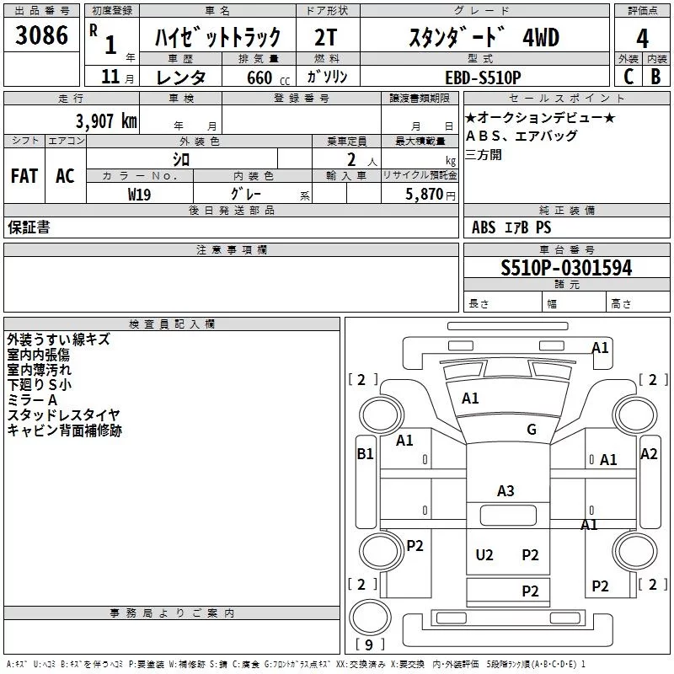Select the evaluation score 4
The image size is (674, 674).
[642, 38]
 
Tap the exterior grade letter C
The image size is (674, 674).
[629, 76]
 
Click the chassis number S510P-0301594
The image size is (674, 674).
[566, 268]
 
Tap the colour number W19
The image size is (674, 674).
[140, 193]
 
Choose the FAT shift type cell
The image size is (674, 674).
[24, 175]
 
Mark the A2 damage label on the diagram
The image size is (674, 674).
[649, 454]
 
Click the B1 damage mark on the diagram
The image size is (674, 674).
[365, 454]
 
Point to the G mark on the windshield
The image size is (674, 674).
[531, 430]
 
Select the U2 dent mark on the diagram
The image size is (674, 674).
[484, 554]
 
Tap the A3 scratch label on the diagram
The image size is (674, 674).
[505, 490]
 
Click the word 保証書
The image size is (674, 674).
[29, 227]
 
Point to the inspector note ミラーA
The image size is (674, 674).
[32, 399]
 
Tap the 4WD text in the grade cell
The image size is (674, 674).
[541, 38]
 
